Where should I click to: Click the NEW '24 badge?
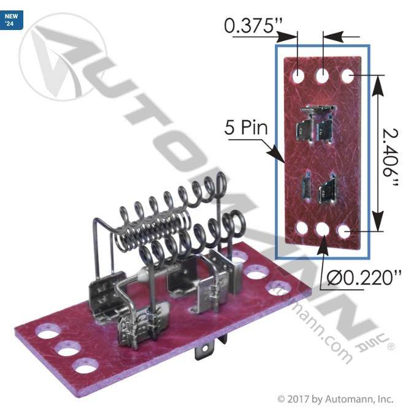coord(12,20)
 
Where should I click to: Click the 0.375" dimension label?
coord(253,26)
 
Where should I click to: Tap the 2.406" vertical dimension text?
coord(391,158)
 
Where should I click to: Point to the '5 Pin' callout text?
coord(246,127)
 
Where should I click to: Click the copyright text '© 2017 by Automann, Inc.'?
coord(335,398)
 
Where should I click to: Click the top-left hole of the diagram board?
coord(298,76)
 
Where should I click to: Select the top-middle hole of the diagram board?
coord(323,76)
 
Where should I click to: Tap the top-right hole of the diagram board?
coord(348,76)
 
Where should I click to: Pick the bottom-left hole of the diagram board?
coord(302,228)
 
